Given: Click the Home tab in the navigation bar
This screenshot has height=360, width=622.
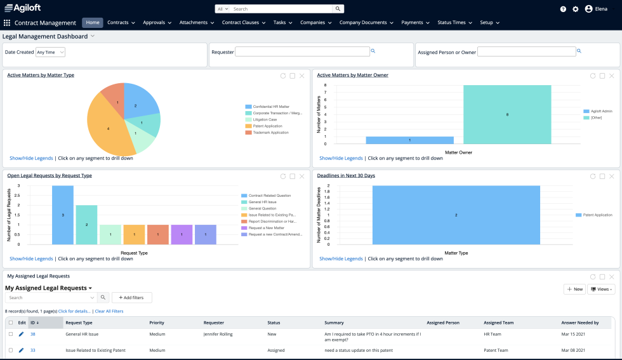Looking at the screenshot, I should (93, 22).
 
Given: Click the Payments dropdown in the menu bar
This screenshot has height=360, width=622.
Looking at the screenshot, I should (415, 22).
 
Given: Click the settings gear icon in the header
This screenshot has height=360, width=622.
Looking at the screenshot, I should (576, 9).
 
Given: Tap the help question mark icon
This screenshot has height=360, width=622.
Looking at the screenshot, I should (563, 9).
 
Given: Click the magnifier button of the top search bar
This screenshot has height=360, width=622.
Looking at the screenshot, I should (338, 9).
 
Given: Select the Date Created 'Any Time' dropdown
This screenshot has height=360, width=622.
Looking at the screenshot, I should (50, 52).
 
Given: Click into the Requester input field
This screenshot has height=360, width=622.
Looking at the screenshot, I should (302, 51).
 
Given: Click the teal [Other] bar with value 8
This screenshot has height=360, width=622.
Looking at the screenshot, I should (507, 114).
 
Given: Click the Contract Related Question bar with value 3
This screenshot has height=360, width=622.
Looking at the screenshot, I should (63, 215).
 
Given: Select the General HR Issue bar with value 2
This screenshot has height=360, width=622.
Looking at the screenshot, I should (86, 225).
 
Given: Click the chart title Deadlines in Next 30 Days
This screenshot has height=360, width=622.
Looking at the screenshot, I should (346, 175).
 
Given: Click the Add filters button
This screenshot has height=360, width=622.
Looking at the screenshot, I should (132, 297).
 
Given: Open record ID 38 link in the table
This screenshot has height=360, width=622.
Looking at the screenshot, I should (32, 334).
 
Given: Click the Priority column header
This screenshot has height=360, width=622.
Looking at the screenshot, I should (157, 323).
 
